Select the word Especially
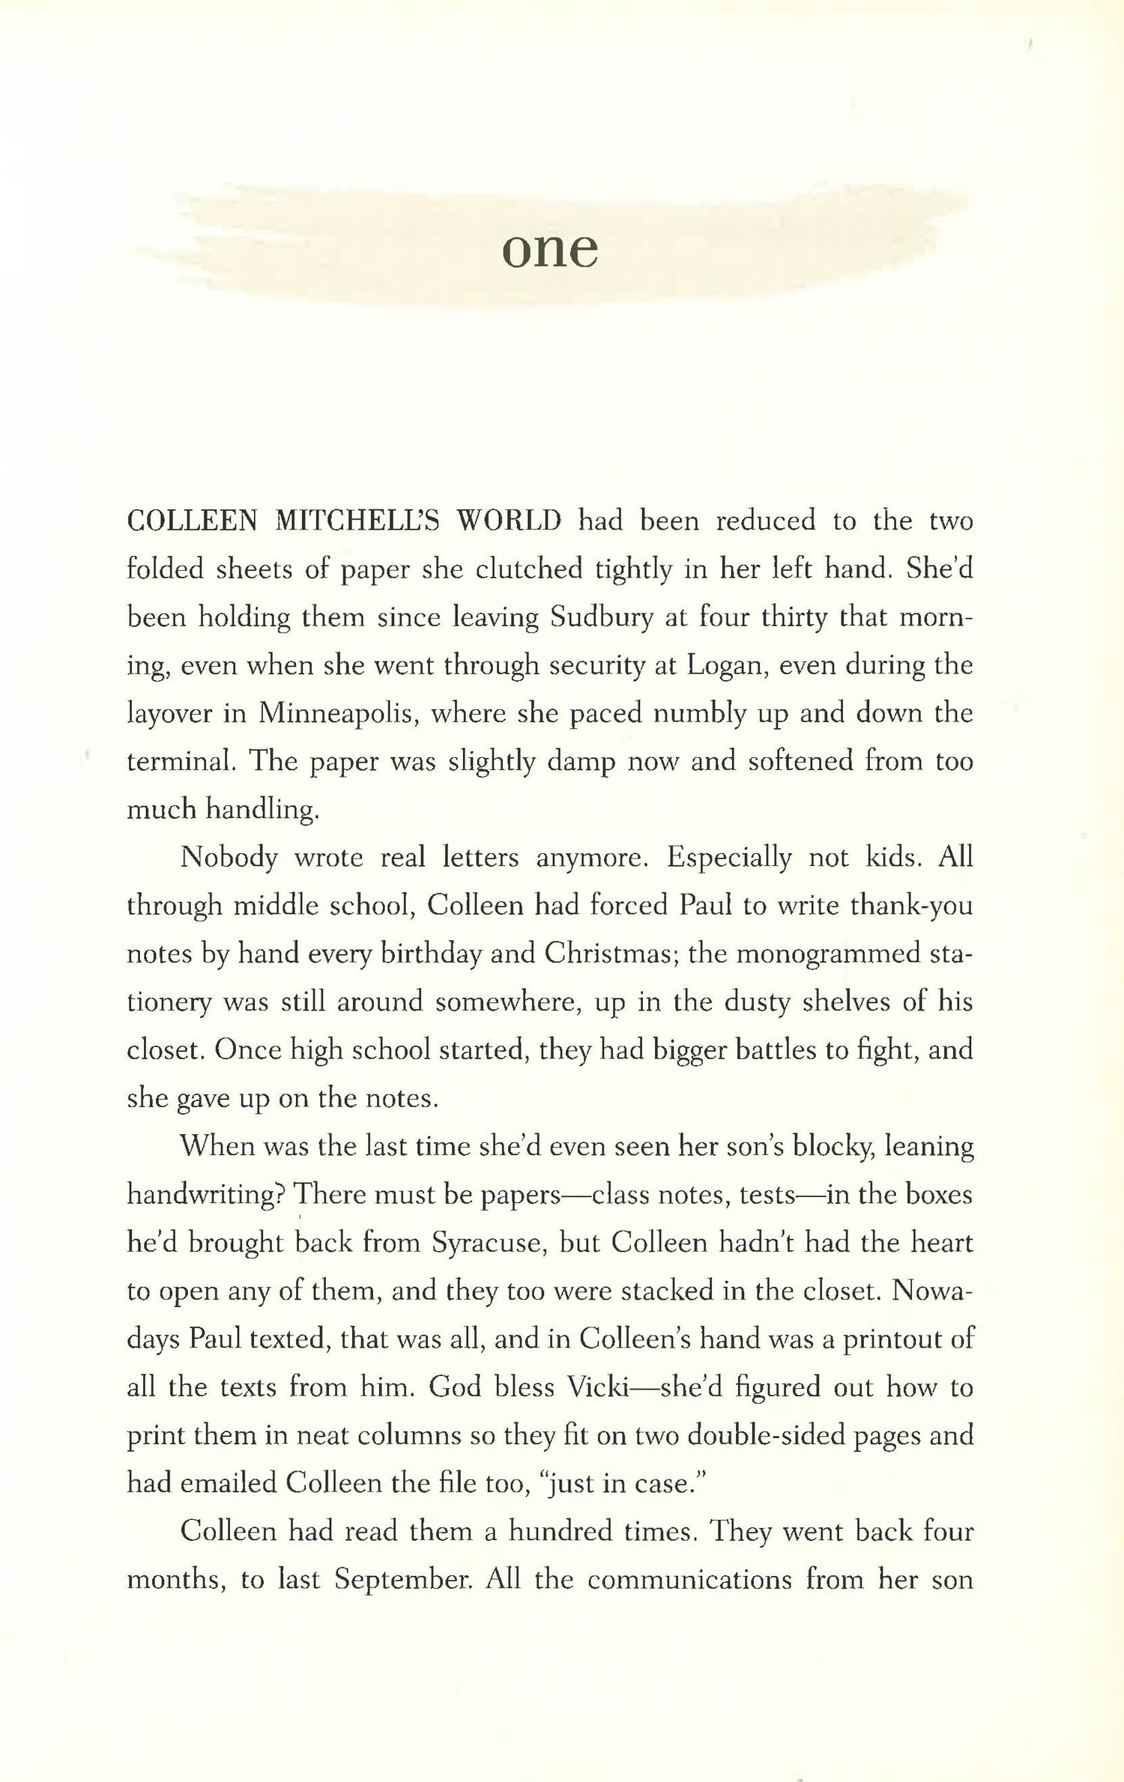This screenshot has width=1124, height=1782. tap(728, 857)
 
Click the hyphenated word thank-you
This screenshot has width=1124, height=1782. tap(910, 906)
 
